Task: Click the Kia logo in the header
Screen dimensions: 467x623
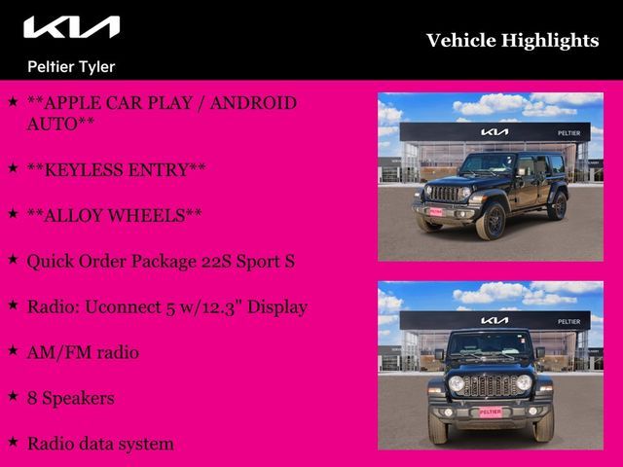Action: point(71,27)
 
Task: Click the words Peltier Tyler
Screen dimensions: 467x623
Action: point(70,67)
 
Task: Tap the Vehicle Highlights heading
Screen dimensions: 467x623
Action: point(512,40)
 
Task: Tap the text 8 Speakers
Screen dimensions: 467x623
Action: point(70,398)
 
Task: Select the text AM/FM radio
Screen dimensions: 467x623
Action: point(83,352)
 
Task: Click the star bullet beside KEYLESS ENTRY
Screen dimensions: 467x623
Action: point(13,168)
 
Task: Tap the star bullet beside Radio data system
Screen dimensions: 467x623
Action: point(13,443)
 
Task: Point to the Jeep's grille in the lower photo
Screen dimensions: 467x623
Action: point(491,385)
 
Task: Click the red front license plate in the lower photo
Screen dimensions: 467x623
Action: point(491,412)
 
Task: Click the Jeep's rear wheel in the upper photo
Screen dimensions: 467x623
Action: point(559,206)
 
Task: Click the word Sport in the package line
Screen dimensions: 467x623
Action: point(257,261)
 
